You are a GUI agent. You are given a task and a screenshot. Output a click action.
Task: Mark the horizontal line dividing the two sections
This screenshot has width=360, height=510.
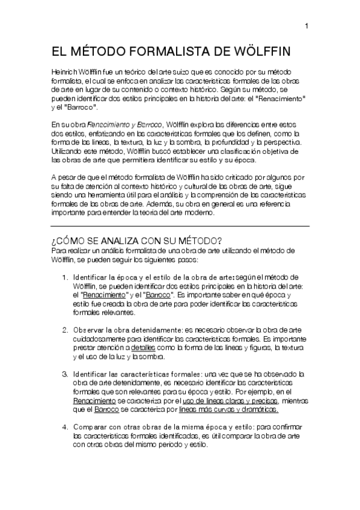180,226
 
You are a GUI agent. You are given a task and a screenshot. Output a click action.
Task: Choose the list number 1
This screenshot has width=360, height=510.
66,277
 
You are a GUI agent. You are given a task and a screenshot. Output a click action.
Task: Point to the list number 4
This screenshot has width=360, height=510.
66,426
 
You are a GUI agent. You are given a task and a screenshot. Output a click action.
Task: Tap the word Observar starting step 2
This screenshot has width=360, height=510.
88,330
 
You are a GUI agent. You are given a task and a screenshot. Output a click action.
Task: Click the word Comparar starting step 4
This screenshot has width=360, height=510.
91,427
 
